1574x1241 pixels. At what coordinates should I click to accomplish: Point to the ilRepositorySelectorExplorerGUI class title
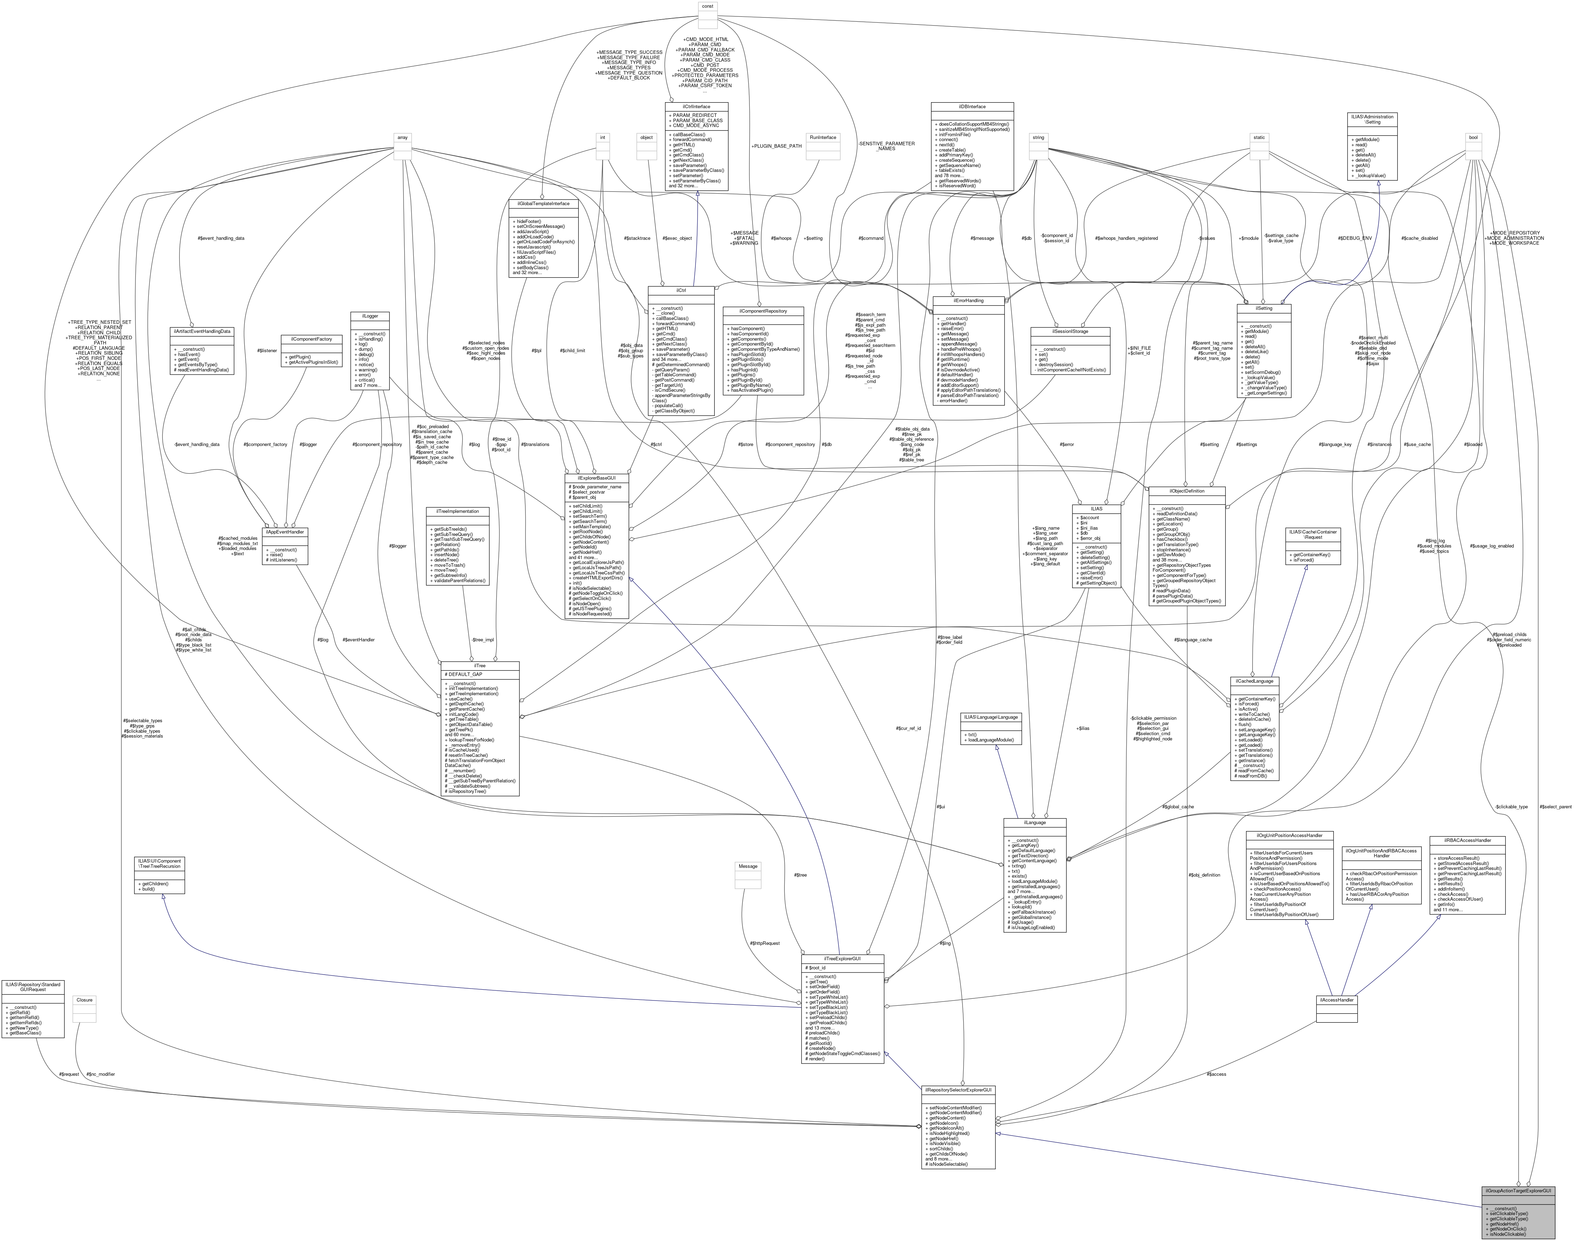958,1090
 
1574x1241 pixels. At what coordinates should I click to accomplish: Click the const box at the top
707,7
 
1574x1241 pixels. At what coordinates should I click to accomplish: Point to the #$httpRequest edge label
765,943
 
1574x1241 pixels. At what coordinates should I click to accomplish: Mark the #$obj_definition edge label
1204,875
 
